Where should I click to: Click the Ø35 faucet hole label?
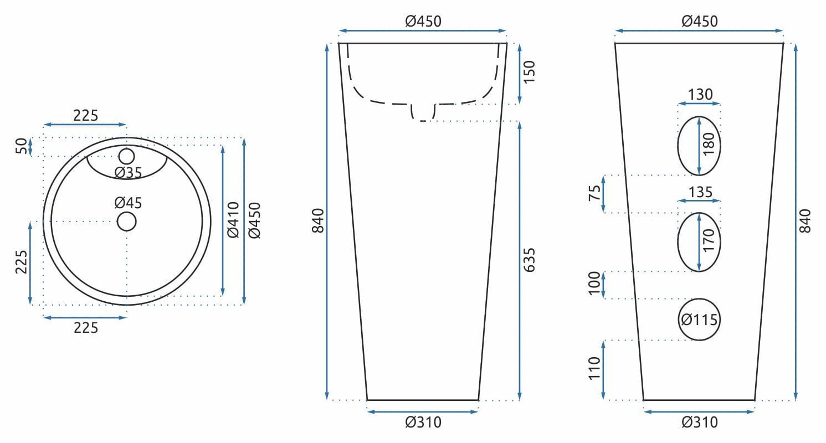pos(129,173)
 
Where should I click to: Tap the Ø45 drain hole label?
pos(129,203)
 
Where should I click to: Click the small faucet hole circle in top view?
pos(126,156)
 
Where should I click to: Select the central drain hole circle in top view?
pos(127,221)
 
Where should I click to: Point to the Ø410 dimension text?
pos(233,220)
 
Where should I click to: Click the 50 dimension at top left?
pos(21,146)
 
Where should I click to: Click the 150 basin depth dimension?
pos(529,72)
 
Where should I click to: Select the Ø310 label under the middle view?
pos(423,423)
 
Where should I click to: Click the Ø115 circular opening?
pos(699,320)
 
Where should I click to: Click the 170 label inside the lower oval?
pos(707,241)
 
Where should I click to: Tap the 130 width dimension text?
pos(700,95)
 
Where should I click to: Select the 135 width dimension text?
pos(700,192)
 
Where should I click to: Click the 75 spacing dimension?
pos(594,194)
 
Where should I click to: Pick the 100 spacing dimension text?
pos(594,284)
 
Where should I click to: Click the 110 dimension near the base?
pos(594,368)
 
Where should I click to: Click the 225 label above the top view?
pos(85,116)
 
